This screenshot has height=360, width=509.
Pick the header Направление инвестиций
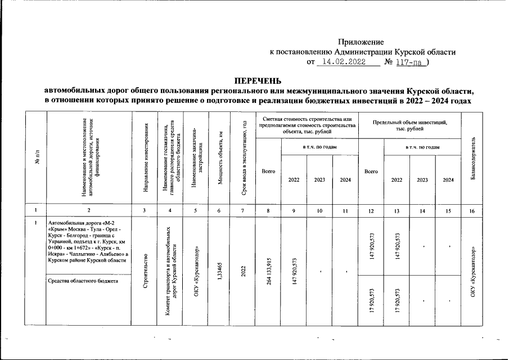pos(146,159)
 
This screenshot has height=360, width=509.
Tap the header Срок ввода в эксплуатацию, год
pos(243,159)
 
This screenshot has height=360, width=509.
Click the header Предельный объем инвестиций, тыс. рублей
pos(409,125)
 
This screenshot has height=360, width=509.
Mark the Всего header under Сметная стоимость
pos(268,171)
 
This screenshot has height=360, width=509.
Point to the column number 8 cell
pos(268,211)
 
